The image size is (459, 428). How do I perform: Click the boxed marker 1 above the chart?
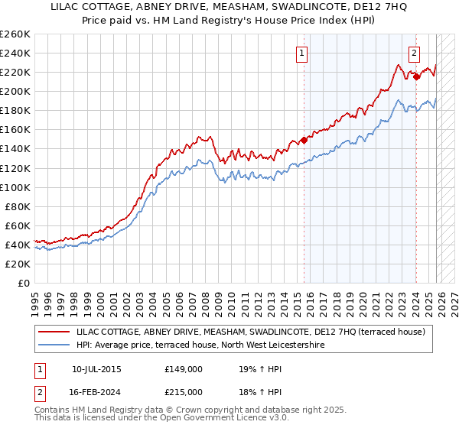(302, 53)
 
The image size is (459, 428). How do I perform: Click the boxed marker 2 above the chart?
(414, 53)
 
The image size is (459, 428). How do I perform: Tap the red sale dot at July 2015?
(304, 140)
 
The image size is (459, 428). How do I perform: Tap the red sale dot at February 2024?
(416, 76)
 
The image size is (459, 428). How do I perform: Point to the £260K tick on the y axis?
(15, 34)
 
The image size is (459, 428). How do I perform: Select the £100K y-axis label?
(15, 187)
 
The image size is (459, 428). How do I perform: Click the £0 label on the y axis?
(24, 283)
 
